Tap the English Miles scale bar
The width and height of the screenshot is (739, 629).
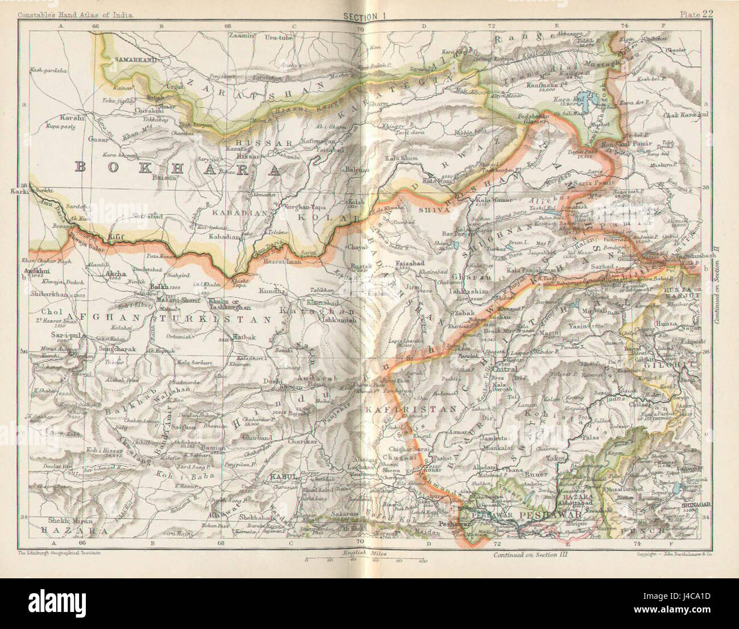[x=364, y=560]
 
